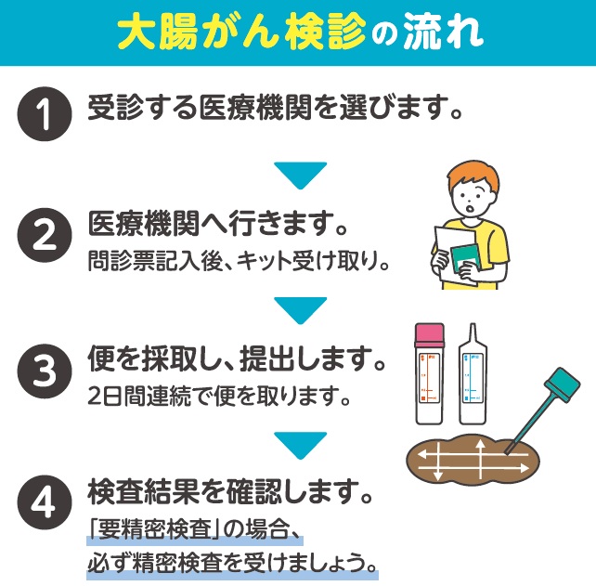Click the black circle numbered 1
[x=45, y=113]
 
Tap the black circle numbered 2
[x=45, y=235]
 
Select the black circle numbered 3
[x=45, y=371]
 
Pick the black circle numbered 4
[x=45, y=502]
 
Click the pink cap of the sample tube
[x=429, y=335]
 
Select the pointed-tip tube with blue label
[x=473, y=374]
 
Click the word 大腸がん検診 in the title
[x=241, y=33]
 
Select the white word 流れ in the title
[x=443, y=33]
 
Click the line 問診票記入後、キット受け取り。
[x=239, y=261]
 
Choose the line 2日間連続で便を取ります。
[x=218, y=396]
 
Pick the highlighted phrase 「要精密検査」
[x=155, y=529]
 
